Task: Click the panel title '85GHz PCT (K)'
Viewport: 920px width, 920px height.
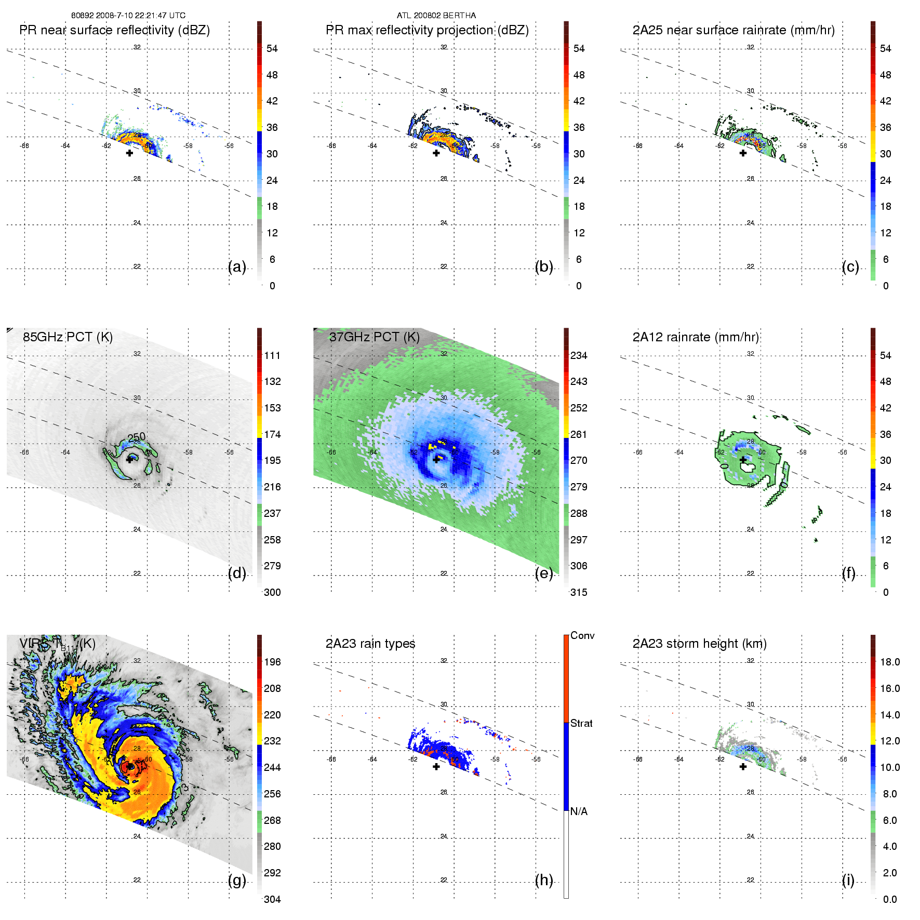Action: coord(68,337)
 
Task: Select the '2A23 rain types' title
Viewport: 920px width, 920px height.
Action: coord(370,644)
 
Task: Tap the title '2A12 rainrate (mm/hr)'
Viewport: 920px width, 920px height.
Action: coord(696,337)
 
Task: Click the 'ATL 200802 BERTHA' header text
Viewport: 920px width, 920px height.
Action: coord(436,15)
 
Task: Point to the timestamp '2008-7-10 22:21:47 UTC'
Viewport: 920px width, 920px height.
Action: coord(140,15)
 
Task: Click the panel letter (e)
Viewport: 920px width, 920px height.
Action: coord(544,573)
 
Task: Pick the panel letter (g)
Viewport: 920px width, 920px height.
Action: coord(237,880)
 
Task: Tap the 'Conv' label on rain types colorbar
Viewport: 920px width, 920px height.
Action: coord(582,635)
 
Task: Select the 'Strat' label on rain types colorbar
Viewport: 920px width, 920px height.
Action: coord(581,723)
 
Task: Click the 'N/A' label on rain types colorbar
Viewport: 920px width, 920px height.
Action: coord(579,811)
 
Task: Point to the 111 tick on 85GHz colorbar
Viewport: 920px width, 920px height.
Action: coord(272,355)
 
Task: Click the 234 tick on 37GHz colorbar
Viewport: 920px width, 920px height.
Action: coord(579,355)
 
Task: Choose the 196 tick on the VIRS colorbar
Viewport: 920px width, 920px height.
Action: coord(272,662)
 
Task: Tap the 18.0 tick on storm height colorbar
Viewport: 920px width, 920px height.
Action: coord(890,662)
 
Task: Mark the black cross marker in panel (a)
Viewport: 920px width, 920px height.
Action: coord(129,153)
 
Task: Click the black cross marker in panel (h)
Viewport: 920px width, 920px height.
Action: coord(436,766)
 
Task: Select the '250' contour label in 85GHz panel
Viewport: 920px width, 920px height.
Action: coord(137,437)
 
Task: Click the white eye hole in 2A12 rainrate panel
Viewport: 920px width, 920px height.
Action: coord(748,466)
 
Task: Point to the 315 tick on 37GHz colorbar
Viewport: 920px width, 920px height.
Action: coord(579,592)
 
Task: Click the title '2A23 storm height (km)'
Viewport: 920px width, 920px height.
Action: coord(699,644)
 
